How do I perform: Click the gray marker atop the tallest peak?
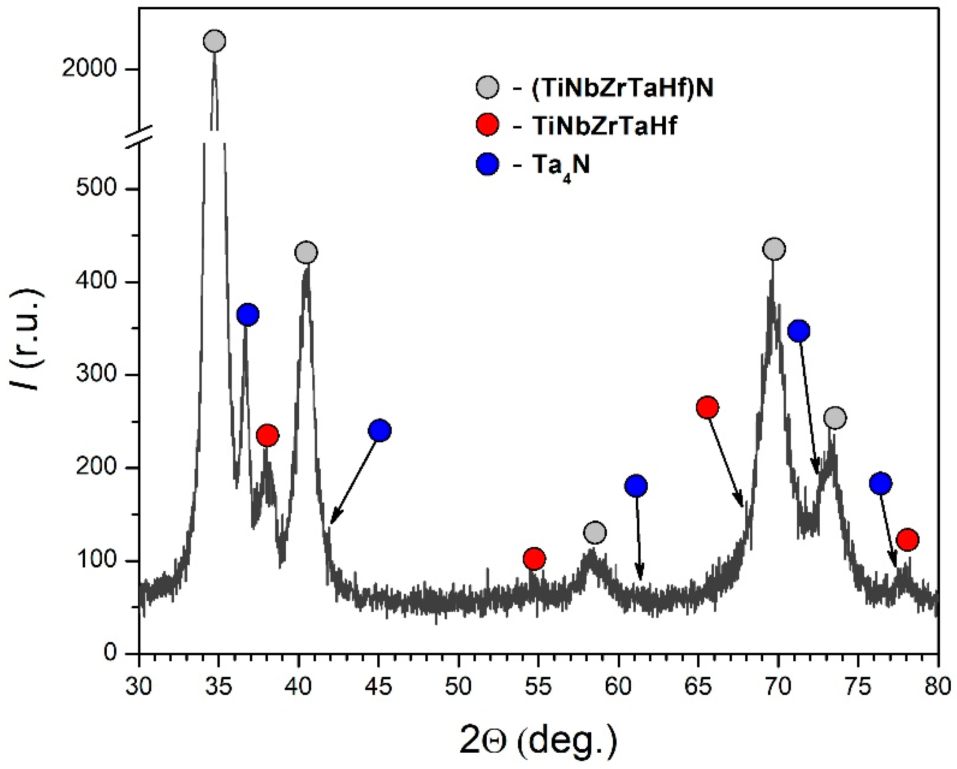point(214,41)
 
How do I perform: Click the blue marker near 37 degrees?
point(248,315)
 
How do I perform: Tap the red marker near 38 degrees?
point(267,436)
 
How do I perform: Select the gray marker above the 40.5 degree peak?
point(306,253)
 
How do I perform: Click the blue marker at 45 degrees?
point(379,430)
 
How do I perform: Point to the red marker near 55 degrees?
point(534,558)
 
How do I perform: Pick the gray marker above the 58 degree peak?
point(595,532)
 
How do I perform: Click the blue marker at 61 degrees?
point(636,486)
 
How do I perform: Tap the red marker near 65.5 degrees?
point(708,407)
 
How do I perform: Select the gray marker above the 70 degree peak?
point(774,249)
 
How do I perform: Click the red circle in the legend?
point(487,125)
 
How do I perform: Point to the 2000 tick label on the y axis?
point(89,69)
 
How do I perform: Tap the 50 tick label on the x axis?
point(458,686)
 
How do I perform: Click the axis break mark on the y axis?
point(139,137)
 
